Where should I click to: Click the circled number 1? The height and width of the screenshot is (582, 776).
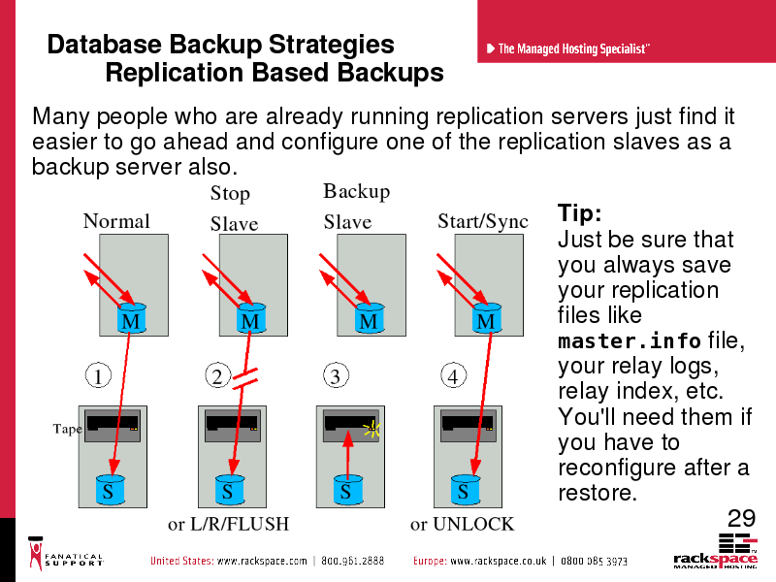(98, 375)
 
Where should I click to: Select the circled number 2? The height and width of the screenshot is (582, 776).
(217, 375)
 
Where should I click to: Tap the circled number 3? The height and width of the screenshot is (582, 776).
(336, 375)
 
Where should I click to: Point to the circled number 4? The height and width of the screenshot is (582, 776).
(453, 375)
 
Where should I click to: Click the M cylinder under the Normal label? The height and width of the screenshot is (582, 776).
(132, 318)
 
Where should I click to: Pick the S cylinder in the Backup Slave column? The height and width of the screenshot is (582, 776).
(348, 490)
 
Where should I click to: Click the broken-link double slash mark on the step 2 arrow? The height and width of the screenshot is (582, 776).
(245, 377)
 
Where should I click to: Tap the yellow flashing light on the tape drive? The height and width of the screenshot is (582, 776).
(372, 429)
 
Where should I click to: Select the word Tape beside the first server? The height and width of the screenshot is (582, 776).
(67, 429)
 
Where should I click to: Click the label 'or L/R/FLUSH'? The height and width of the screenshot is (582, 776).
(228, 524)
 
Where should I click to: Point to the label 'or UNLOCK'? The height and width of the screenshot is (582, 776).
(463, 524)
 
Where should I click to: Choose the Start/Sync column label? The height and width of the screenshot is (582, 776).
(483, 221)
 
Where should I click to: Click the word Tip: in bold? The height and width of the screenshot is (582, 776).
(579, 213)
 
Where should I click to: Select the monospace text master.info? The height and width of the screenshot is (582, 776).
(629, 341)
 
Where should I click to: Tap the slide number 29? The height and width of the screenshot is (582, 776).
(741, 518)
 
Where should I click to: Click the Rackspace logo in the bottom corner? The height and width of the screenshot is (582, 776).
(716, 551)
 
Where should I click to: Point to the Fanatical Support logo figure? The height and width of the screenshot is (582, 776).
(36, 553)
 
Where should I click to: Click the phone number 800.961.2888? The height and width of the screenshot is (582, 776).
(352, 561)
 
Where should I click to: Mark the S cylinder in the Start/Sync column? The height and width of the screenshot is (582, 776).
(466, 490)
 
